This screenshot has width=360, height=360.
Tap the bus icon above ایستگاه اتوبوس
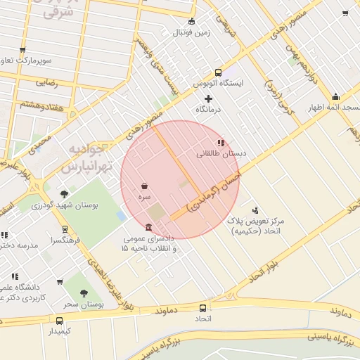click(x=218, y=72)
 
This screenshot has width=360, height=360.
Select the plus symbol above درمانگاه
click(x=207, y=98)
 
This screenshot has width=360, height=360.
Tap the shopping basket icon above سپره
click(x=144, y=186)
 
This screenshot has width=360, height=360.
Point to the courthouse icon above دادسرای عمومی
click(x=148, y=227)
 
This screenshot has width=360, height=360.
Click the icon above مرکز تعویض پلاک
click(x=255, y=210)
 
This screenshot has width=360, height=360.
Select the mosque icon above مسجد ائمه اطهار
click(x=335, y=97)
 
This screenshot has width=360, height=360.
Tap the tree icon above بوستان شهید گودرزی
click(x=65, y=193)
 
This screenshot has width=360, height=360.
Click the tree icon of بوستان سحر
click(x=84, y=293)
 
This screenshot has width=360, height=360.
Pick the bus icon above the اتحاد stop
click(x=203, y=308)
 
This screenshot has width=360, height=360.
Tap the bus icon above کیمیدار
click(x=59, y=320)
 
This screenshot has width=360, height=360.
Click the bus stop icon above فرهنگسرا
click(x=65, y=229)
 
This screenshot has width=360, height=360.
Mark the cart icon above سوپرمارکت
click(x=23, y=49)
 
